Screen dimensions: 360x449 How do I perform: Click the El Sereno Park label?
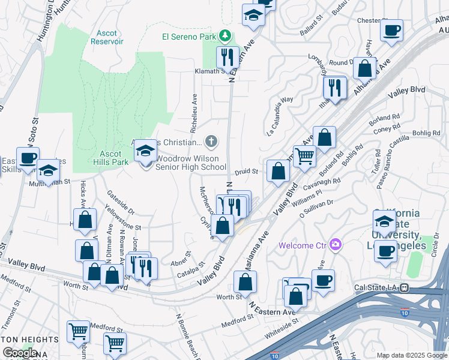(189, 37)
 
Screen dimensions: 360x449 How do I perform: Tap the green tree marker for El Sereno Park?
(225, 36)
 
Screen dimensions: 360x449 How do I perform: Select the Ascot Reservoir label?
(107, 38)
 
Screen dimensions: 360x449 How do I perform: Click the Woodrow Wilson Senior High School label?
(191, 163)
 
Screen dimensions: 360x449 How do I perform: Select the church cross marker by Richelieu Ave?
(211, 142)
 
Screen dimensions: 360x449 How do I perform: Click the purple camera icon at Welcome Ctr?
(335, 245)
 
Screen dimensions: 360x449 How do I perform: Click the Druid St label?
(246, 172)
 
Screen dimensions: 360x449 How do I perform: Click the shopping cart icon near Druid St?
(304, 157)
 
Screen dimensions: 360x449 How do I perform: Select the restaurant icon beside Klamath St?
(228, 58)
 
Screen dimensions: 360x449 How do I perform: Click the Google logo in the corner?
(21, 352)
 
